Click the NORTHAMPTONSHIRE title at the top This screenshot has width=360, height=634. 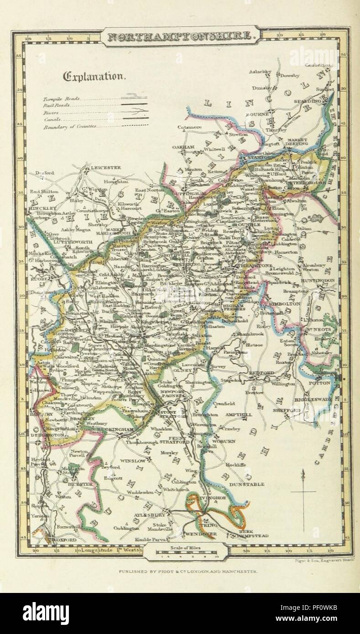point(180,37)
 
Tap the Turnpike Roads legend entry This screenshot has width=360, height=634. point(62,98)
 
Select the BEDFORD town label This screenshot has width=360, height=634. point(261,373)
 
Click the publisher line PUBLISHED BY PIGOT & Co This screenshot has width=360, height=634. point(188,571)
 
